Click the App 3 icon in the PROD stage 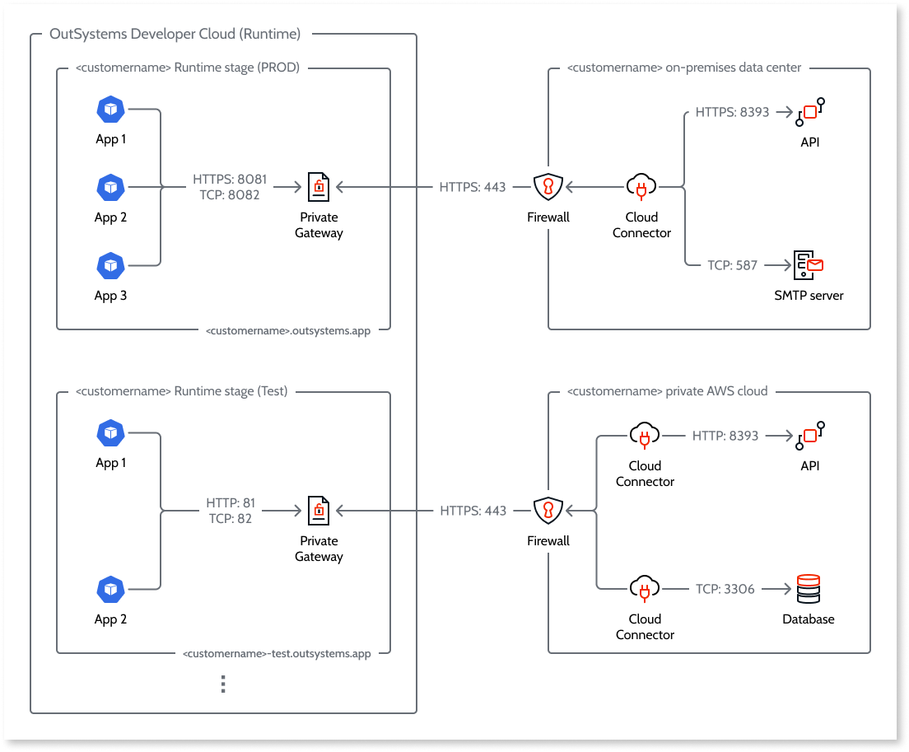[110, 266]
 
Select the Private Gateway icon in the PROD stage [318, 188]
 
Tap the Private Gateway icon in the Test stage [318, 511]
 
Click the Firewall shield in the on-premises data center [548, 188]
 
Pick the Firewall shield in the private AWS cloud [548, 511]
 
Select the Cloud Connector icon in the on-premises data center [641, 188]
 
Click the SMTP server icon [809, 265]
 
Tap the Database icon [809, 589]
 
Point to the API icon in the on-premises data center [809, 112]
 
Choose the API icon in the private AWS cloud [809, 435]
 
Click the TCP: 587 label [732, 265]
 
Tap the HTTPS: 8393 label [732, 112]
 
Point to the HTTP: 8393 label [725, 435]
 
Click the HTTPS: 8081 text [230, 180]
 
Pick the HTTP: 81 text [231, 503]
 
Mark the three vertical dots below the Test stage [223, 684]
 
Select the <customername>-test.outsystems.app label [277, 653]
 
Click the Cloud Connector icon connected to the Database [645, 589]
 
